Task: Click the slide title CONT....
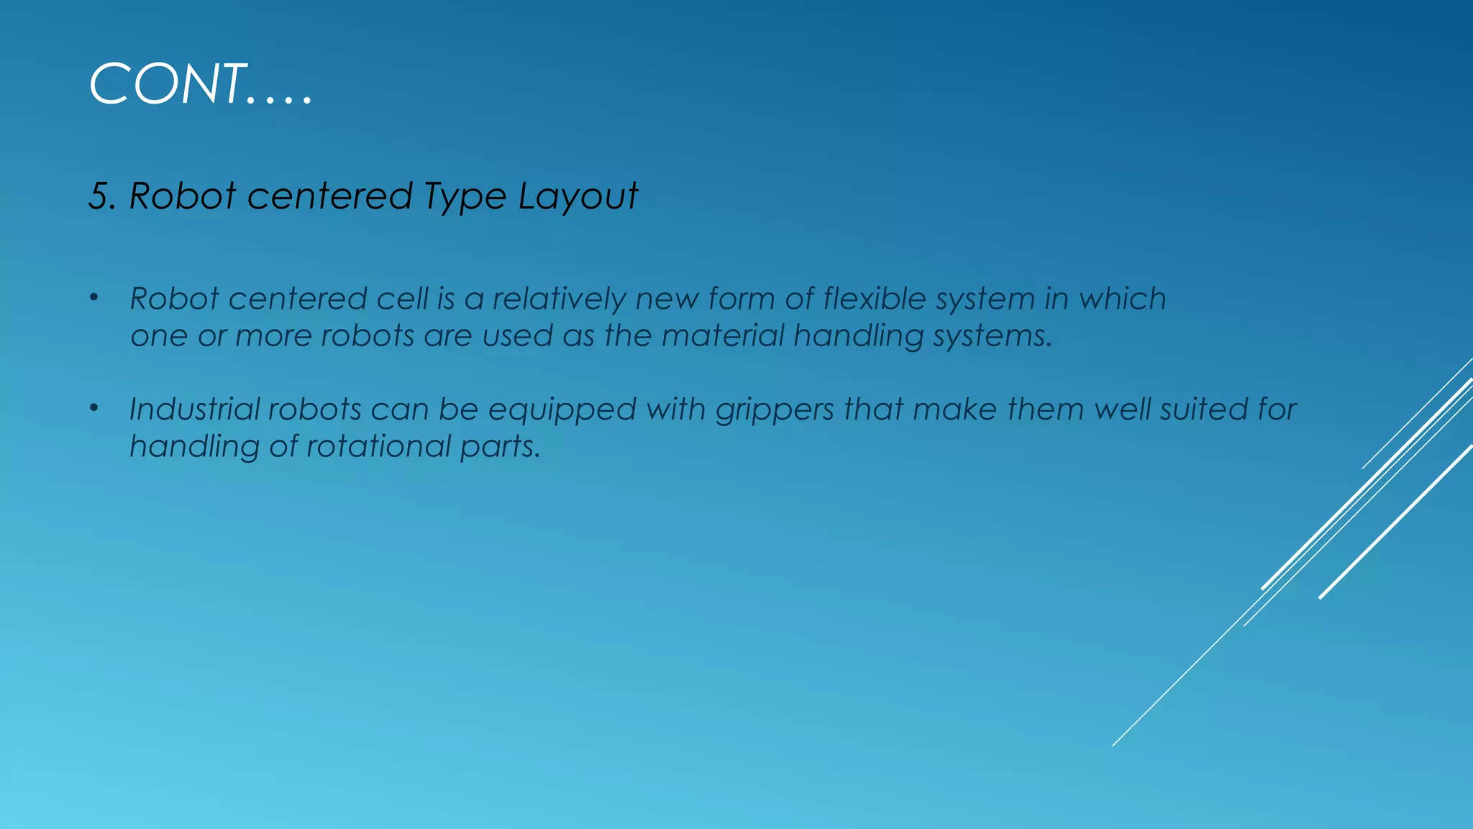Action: coord(200,84)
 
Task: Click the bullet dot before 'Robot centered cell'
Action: coord(94,298)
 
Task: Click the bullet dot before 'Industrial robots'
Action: coord(94,408)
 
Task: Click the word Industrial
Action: coord(194,409)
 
